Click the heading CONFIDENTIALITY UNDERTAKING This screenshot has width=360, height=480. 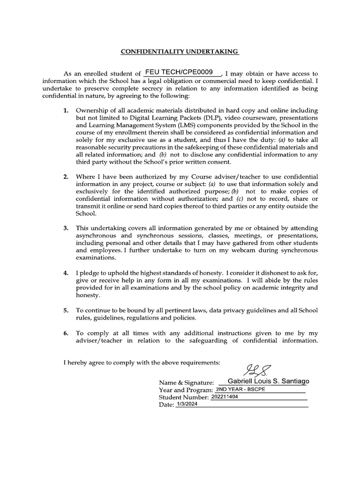click(x=180, y=51)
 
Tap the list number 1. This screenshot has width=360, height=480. click(x=66, y=111)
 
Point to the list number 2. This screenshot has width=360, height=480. click(x=66, y=177)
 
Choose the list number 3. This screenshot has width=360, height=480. click(x=66, y=228)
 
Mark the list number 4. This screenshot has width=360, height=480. click(x=66, y=272)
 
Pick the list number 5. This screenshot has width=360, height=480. click(x=66, y=310)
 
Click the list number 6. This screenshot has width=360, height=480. click(x=66, y=332)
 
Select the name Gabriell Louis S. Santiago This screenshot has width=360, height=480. click(x=268, y=382)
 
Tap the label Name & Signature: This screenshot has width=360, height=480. click(x=187, y=383)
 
